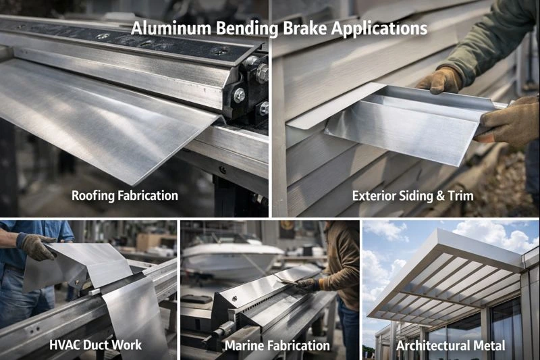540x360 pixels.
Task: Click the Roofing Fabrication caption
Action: (125, 196)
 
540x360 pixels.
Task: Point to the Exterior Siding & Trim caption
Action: (412, 196)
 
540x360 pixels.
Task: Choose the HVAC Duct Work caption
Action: (95, 345)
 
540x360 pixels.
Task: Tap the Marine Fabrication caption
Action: (277, 345)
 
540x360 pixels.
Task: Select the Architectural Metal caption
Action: (450, 345)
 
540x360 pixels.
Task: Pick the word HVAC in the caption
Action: (66, 345)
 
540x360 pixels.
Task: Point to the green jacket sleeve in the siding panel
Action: (486, 41)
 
